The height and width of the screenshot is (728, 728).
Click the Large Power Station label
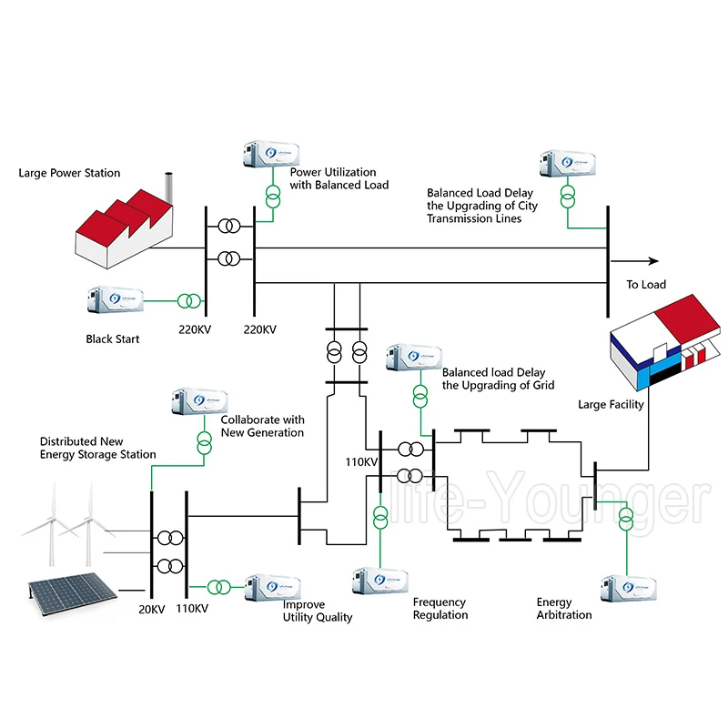pyautogui.click(x=69, y=173)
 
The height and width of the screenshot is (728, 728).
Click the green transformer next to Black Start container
pyautogui.click(x=190, y=300)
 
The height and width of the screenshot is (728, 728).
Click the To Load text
pyautogui.click(x=646, y=285)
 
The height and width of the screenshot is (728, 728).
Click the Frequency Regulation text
pyautogui.click(x=440, y=609)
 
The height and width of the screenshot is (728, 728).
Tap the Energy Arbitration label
pyautogui.click(x=563, y=609)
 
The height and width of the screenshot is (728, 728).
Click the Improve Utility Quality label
pyautogui.click(x=317, y=611)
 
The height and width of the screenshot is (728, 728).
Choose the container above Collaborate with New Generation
pyautogui.click(x=198, y=402)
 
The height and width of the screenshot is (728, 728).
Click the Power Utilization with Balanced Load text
pyautogui.click(x=339, y=178)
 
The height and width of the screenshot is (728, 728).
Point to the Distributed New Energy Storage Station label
pyautogui.click(x=97, y=448)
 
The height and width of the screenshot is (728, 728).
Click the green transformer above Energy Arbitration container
pyautogui.click(x=626, y=519)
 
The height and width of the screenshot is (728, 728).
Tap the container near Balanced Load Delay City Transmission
pyautogui.click(x=568, y=164)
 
